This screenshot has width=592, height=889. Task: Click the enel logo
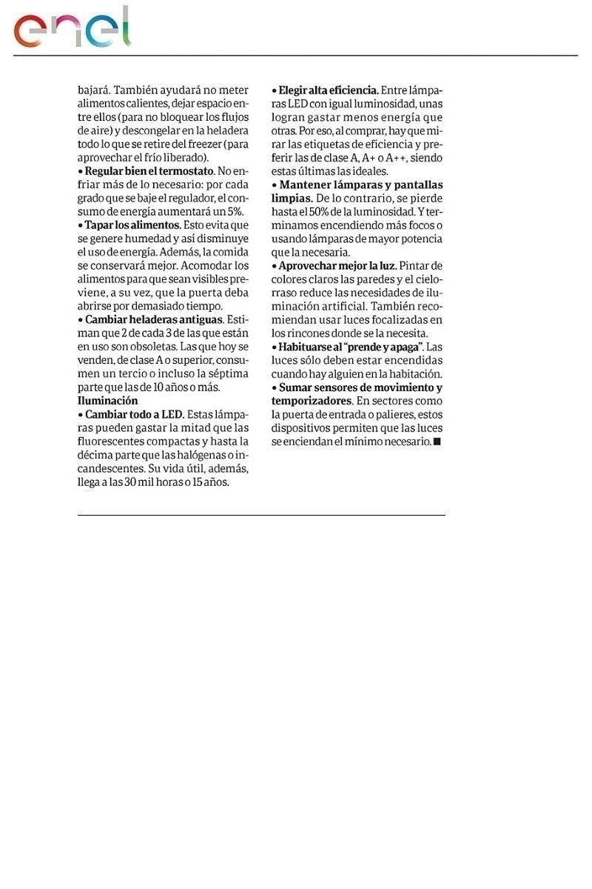point(72,29)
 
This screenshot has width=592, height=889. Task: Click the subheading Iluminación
point(108,401)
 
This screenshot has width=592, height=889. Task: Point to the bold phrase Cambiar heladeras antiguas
point(154,319)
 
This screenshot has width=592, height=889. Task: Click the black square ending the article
point(437,442)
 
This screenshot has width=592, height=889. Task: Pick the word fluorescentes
point(112,442)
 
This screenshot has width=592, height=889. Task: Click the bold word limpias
point(292,199)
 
